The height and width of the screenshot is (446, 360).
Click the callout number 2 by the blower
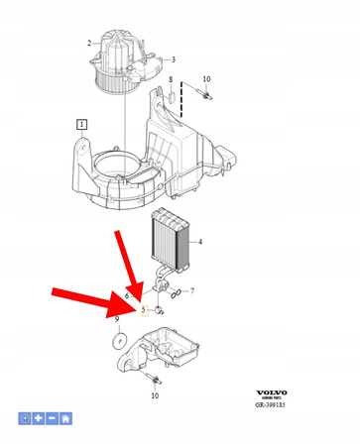pos(90,43)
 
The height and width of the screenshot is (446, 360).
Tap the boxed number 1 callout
pos(81,124)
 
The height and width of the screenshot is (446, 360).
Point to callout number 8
pos(171,78)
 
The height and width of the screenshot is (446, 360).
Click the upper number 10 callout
pos(206,78)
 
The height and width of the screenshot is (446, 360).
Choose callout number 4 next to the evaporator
pos(200,242)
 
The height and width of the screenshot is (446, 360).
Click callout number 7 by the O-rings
pos(192,291)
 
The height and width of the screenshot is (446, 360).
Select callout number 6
pos(127,296)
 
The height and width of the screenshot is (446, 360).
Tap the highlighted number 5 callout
pos(144,310)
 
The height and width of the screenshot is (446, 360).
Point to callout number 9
pos(118,320)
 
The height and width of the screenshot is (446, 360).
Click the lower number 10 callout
pos(154,395)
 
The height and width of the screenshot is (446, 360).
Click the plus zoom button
pos(38,419)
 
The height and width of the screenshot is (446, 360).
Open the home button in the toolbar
pos(65,419)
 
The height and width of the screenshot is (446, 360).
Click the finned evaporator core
pos(169,243)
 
